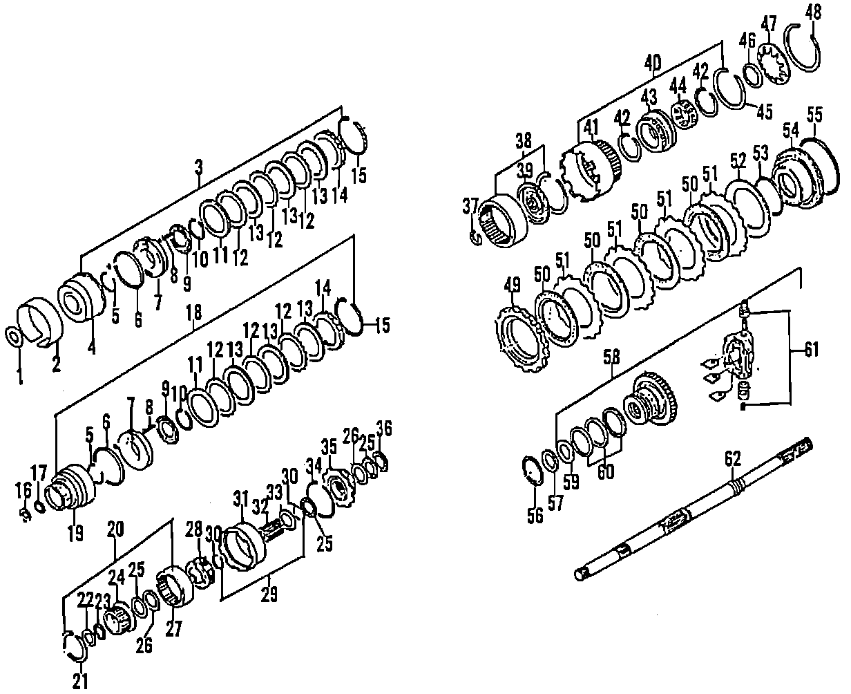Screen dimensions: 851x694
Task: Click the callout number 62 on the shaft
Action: point(732,458)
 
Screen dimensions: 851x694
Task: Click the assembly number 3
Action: point(199,167)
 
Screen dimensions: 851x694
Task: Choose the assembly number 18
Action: point(194,312)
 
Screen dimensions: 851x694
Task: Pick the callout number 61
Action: point(811,350)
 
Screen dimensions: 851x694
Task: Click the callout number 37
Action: point(470,205)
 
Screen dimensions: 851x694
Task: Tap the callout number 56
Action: point(535,515)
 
